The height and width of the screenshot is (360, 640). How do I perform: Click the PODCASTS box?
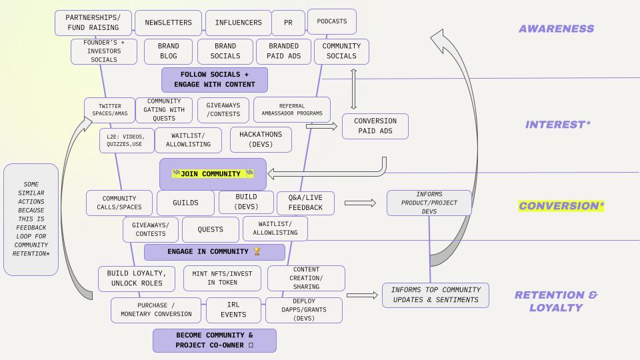coord(331,21)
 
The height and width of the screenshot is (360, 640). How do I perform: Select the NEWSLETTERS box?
coord(168,23)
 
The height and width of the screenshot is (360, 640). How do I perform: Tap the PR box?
coord(288,23)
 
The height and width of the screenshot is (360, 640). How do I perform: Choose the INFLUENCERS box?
coord(238,23)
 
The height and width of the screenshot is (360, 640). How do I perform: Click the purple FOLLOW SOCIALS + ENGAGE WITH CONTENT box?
coord(214,79)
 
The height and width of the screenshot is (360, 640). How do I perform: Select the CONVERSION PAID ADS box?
coord(375,126)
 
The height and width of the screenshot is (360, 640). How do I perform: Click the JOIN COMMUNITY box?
coord(213,174)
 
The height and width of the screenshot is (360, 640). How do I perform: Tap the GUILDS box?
coord(185,203)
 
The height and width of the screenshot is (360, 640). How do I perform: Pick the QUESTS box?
coord(210,229)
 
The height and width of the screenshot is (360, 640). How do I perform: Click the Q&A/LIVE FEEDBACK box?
coord(305,203)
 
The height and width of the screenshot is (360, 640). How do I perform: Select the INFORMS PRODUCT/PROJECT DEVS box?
coord(429,203)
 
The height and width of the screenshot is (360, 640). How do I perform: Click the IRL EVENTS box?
coord(233,309)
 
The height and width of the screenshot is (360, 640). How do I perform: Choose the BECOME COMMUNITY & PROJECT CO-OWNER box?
coord(214,340)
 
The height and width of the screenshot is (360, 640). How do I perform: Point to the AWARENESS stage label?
coord(556,29)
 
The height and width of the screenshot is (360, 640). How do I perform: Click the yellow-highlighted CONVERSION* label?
coord(561,206)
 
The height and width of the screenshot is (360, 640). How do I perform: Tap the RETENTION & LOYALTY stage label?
coord(556,301)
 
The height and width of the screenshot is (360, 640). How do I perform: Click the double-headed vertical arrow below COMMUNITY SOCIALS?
coord(353,89)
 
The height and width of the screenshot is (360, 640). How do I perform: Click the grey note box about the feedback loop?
coord(31,219)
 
